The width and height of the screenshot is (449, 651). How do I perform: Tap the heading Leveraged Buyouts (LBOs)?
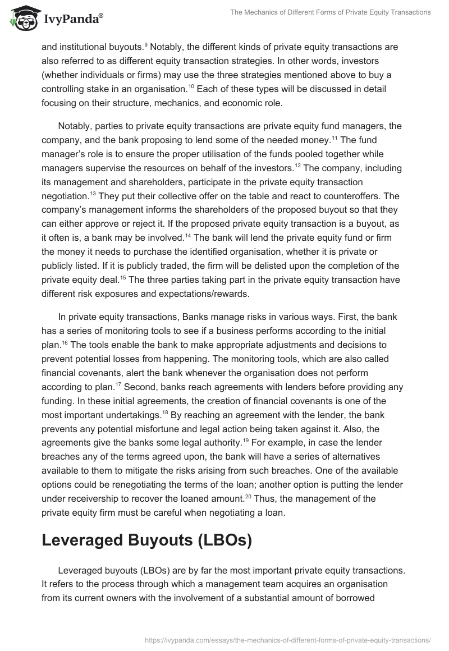pos(146,539)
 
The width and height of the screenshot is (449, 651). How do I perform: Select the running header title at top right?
pos(330,12)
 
